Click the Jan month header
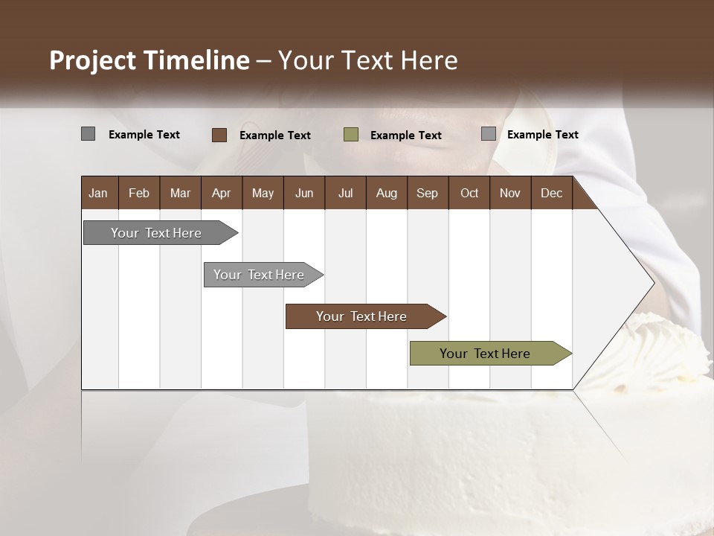98,193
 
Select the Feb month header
139,193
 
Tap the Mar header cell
180,193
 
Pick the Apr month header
221,193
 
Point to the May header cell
263,193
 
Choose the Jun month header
304,193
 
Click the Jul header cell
345,193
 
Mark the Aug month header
386,193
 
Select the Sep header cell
427,193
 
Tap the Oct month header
469,193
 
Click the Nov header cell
510,193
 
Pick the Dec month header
551,193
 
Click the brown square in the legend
219,135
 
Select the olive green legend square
351,135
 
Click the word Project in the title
92,60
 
